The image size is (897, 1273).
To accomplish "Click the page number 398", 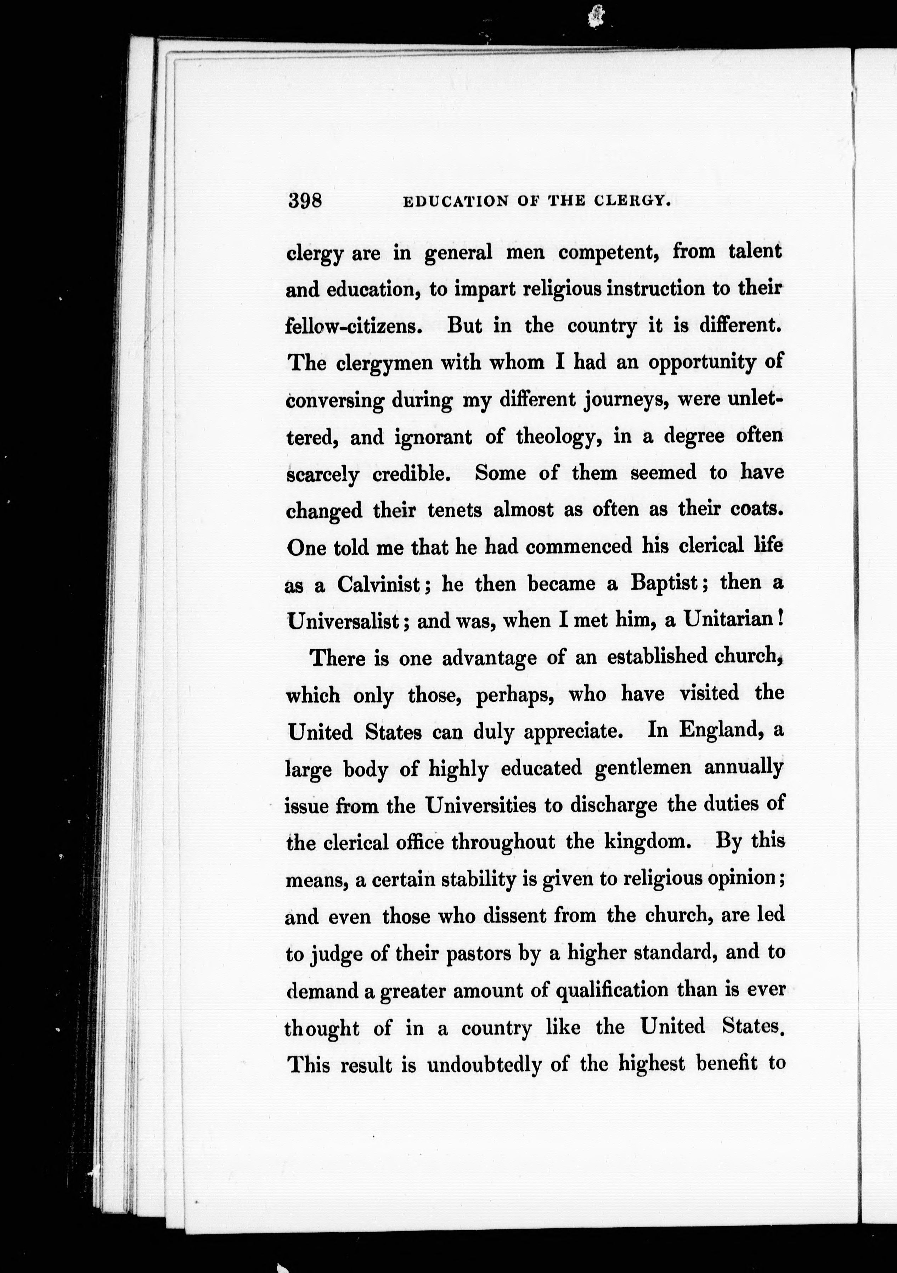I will (x=304, y=200).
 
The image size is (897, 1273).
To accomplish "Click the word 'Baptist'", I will (x=664, y=583).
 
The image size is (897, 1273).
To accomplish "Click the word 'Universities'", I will (x=480, y=805).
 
